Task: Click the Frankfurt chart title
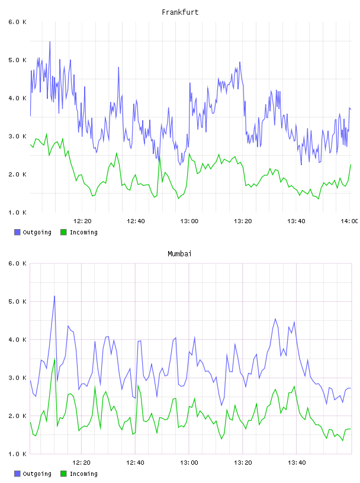[x=180, y=12]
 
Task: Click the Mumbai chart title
[x=179, y=254]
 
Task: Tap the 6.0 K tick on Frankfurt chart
[x=17, y=22]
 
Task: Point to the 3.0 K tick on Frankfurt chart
[x=17, y=137]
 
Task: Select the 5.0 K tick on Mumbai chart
[x=17, y=301]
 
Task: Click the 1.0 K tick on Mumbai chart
[x=17, y=454]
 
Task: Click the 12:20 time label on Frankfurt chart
[x=82, y=221]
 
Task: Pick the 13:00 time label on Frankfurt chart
[x=189, y=221]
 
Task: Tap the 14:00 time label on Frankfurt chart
[x=349, y=221]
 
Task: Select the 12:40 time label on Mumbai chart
[x=136, y=463]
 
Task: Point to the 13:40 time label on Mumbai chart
[x=297, y=463]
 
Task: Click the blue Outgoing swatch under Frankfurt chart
[x=17, y=232]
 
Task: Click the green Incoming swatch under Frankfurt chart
[x=63, y=232]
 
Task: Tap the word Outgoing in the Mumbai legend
[x=37, y=474]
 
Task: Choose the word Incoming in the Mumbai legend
[x=83, y=474]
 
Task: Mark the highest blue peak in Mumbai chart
[x=54, y=296]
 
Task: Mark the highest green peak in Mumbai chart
[x=54, y=359]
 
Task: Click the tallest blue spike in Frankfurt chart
[x=50, y=41]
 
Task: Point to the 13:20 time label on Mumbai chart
[x=243, y=463]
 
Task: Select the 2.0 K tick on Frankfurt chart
[x=17, y=175]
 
